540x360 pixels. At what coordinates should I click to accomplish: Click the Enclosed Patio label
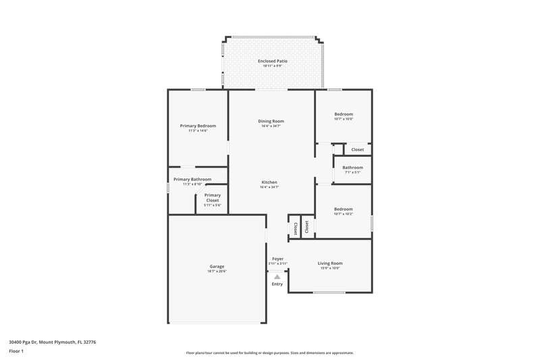tap(273, 61)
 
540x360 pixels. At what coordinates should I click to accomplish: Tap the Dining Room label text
tap(270, 121)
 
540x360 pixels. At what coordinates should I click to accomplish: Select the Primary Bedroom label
tap(198, 126)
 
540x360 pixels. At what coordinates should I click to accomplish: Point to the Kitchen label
tap(269, 182)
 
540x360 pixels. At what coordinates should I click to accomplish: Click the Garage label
tap(217, 267)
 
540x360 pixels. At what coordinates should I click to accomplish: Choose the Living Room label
tap(330, 263)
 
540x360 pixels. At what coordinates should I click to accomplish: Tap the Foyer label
tap(277, 259)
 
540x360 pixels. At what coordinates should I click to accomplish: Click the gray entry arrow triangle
tap(277, 276)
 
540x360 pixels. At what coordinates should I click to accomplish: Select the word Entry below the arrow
tap(277, 284)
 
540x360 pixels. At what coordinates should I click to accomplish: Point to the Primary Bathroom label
tap(192, 179)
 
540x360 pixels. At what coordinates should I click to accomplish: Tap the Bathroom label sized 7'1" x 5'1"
tap(352, 168)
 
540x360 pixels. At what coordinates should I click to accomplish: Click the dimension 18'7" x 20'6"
tap(217, 272)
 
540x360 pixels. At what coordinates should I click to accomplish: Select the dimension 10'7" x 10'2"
tap(344, 214)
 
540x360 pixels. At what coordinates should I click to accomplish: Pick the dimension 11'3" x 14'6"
tap(198, 130)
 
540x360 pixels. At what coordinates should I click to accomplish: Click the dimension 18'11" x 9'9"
tap(273, 66)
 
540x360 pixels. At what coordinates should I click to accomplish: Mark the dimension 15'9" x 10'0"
tap(330, 267)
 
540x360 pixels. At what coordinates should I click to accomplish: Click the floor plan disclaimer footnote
tap(269, 353)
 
